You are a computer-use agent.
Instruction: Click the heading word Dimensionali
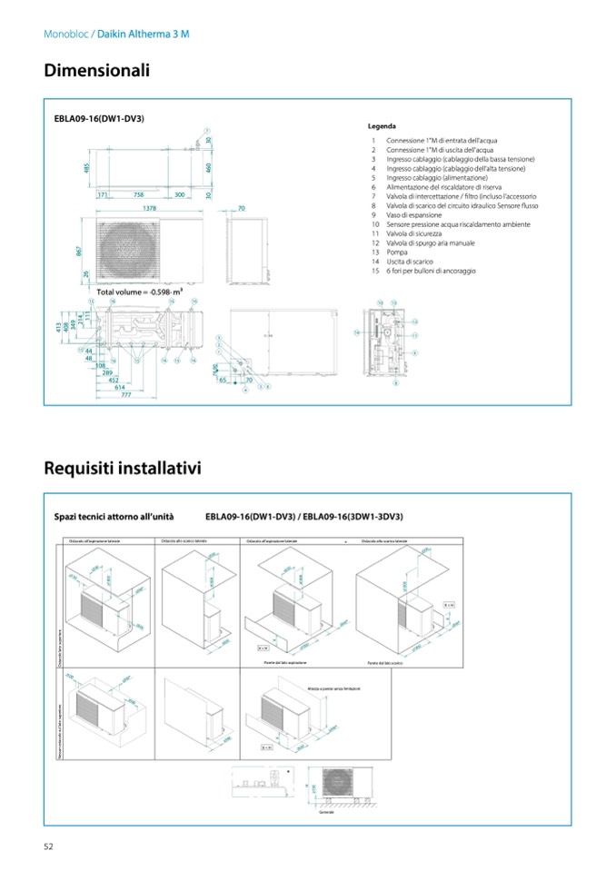coord(96,70)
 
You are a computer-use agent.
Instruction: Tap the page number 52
coord(49,846)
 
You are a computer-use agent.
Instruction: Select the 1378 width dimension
coord(142,209)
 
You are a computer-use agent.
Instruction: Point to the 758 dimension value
coord(138,194)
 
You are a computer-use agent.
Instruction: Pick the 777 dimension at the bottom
coord(126,395)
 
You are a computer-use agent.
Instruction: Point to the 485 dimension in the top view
coord(85,169)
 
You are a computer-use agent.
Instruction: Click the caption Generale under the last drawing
coord(325,812)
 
